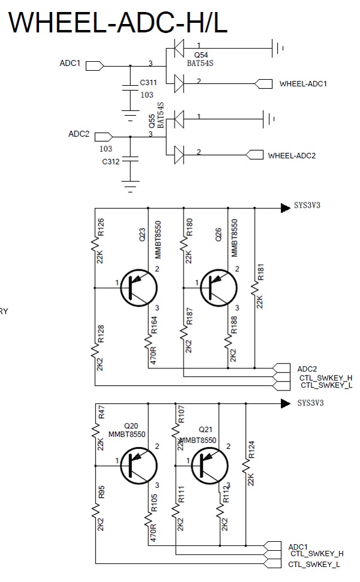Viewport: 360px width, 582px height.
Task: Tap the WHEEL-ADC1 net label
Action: point(303,84)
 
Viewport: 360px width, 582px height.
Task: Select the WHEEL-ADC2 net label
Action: point(292,156)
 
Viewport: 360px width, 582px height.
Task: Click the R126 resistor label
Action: point(100,228)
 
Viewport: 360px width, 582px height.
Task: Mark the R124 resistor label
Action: point(251,449)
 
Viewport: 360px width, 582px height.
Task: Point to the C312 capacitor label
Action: point(111,161)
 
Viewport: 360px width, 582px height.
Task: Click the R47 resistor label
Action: point(101,412)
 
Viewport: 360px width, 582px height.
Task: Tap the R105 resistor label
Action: point(154,505)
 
